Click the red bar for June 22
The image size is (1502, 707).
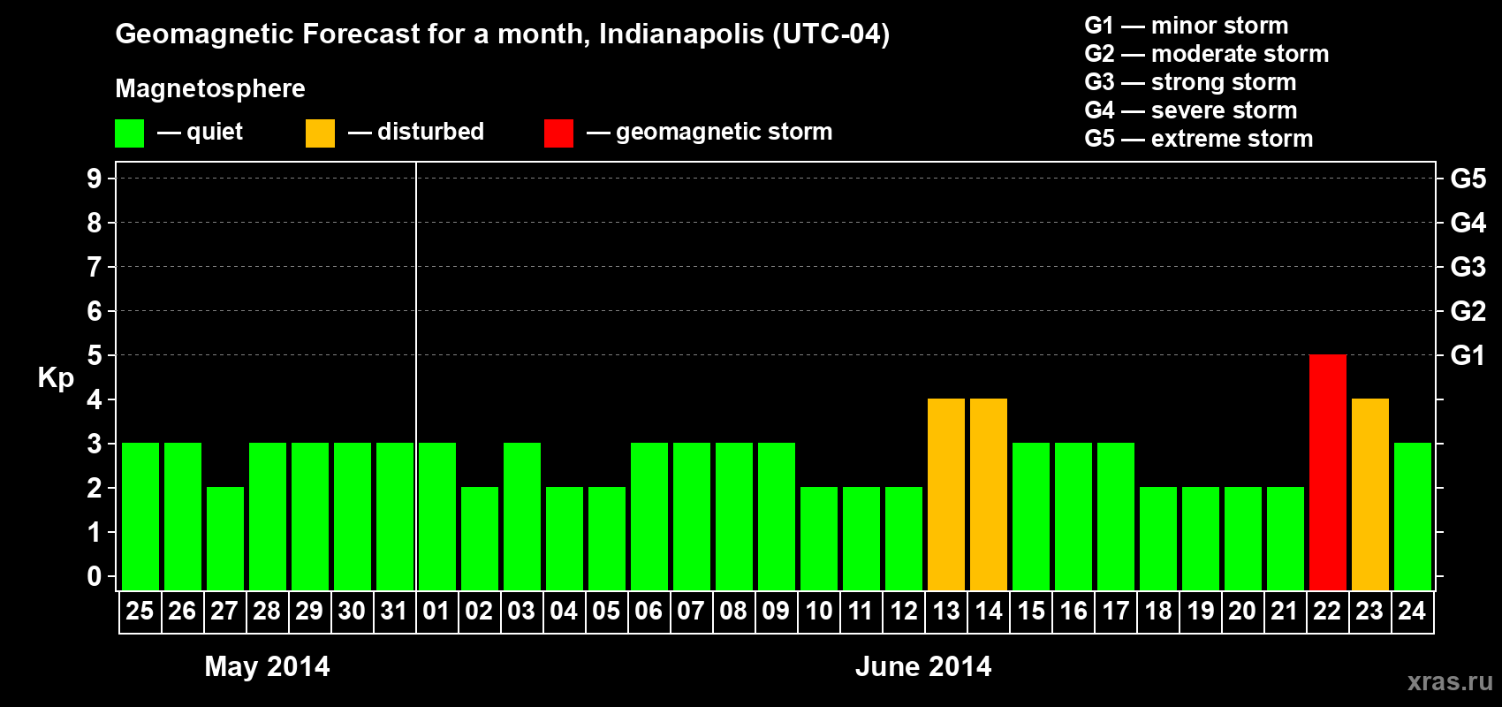pos(1328,472)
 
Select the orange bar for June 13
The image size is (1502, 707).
pos(946,494)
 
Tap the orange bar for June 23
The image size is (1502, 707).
pos(1370,494)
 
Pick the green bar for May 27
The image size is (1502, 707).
pos(225,538)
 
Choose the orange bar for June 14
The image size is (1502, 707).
pos(989,494)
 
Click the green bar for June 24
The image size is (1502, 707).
pos(1413,516)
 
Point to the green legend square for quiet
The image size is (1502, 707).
pos(130,133)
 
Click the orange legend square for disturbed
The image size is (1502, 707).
pos(320,133)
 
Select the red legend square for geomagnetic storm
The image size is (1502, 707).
pos(558,133)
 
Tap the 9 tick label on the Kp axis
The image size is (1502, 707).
pos(95,179)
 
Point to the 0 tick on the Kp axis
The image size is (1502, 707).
pos(95,576)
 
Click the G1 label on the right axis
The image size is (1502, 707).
pos(1468,355)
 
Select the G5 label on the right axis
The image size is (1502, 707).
pos(1468,179)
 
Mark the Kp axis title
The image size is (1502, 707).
pos(56,377)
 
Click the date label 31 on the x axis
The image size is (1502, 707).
pos(394,611)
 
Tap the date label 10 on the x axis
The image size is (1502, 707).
pos(819,611)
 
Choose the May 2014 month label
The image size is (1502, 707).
pos(267,666)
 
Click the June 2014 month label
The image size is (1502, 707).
pos(923,666)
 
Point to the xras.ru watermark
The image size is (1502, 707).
pos(1450,681)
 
